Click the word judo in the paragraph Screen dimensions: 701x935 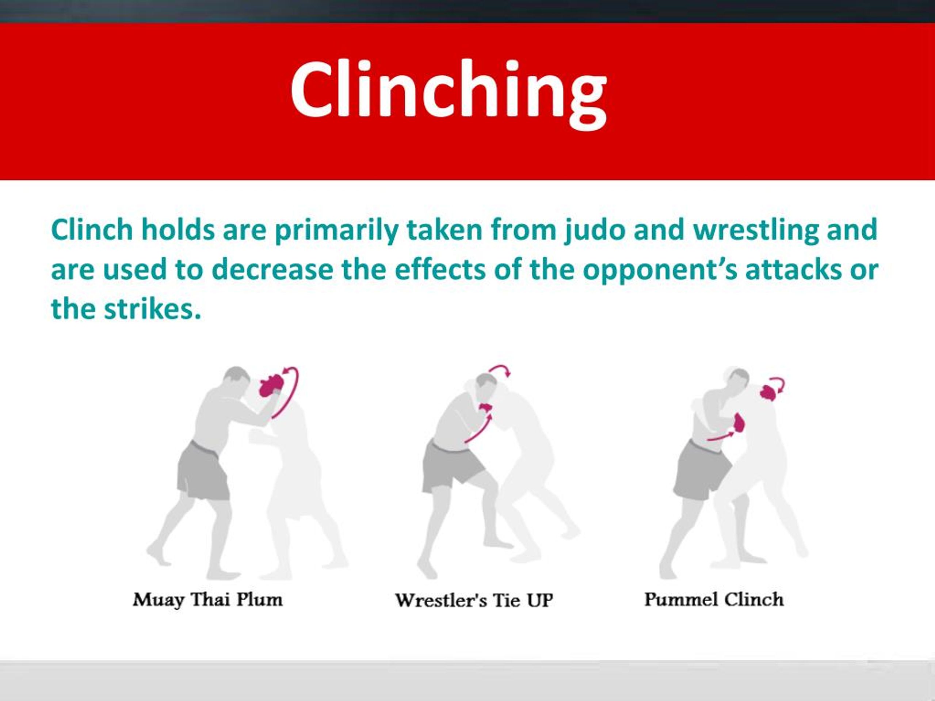pyautogui.click(x=594, y=231)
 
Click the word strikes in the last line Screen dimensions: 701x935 pyautogui.click(x=152, y=309)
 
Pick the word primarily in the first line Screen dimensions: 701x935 pyautogui.click(x=336, y=231)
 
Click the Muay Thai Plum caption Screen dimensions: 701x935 pyautogui.click(x=207, y=600)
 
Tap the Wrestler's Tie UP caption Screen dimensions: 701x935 pyautogui.click(x=474, y=601)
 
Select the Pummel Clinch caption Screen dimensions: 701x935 pyautogui.click(x=714, y=600)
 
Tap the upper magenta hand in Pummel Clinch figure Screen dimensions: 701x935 pyautogui.click(x=768, y=392)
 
